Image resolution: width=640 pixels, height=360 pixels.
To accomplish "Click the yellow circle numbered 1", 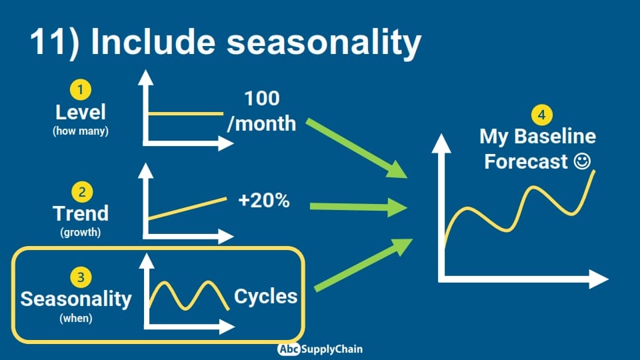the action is [81, 89].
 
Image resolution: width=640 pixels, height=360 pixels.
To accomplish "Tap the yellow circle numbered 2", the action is [82, 192].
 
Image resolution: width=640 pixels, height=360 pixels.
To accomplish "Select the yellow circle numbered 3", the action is [81, 277].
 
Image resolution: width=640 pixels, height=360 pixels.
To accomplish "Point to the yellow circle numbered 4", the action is [541, 115].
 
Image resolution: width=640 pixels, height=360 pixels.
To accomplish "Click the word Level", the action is [81, 112].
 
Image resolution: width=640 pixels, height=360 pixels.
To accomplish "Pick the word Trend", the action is [81, 213].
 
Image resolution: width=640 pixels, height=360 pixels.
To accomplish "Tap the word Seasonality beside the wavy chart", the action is [76, 299].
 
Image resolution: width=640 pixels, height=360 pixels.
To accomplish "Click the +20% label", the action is [264, 201].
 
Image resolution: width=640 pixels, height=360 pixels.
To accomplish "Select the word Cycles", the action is [266, 296].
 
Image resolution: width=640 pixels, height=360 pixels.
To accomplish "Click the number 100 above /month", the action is [261, 99].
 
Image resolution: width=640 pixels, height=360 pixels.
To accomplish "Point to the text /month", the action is [261, 123].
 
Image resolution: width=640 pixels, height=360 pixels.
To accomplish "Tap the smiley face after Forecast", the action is [582, 161].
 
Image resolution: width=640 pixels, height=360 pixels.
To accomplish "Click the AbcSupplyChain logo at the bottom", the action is [320, 349].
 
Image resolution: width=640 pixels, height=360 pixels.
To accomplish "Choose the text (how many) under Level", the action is [81, 131].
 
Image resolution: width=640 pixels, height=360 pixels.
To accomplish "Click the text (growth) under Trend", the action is [81, 232].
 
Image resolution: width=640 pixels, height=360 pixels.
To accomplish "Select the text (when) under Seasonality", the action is [76, 318].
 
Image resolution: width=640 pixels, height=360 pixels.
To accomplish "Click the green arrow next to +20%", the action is [359, 207].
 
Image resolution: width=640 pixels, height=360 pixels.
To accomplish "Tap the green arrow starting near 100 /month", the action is [356, 148].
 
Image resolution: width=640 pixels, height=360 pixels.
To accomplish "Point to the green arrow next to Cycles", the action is [363, 265].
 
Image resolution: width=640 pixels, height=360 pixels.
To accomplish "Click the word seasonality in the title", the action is [324, 42].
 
